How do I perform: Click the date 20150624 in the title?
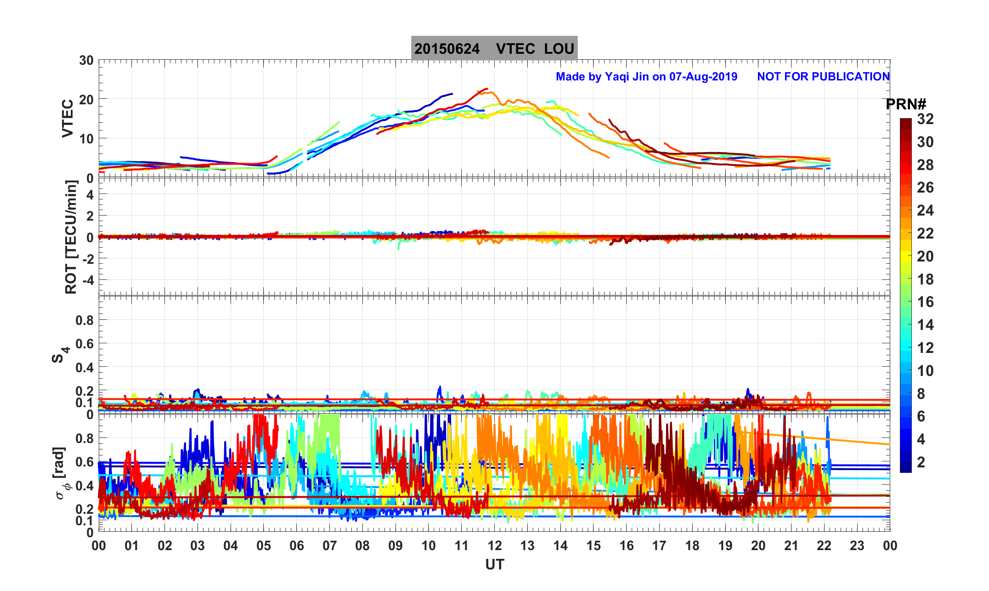point(447,49)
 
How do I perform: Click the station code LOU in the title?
point(559,49)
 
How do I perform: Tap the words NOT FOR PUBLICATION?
point(823,76)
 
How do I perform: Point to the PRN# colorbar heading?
point(906,104)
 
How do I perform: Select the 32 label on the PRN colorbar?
point(925,119)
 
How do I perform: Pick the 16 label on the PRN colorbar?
point(925,302)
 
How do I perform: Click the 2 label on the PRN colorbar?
point(921,462)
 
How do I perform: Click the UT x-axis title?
point(495,564)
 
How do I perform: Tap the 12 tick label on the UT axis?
point(495,546)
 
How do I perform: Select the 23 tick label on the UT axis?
point(857,546)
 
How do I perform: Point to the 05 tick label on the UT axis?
point(264,546)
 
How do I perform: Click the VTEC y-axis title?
point(68,118)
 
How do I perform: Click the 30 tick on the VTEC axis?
point(86,61)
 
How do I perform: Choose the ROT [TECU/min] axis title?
point(71,237)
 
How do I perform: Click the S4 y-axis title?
point(59,355)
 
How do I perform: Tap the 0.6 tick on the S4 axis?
point(85,343)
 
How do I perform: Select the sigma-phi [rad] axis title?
point(62,473)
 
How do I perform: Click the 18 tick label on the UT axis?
point(692,546)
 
